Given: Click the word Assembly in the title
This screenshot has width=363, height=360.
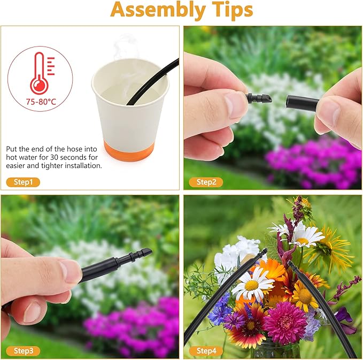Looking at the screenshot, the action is coord(158,10).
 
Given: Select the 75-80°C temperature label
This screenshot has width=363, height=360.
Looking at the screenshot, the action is coord(41,102).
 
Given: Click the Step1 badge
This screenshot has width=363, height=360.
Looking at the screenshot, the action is coord(23,182).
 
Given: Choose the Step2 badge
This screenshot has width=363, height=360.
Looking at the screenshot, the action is coord(206,182).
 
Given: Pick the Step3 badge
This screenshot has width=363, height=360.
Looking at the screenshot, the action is coord(23,351).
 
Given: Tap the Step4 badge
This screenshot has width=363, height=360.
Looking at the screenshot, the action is coord(206,351).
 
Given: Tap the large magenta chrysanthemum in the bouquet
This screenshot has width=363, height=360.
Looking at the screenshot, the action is coord(285,320).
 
